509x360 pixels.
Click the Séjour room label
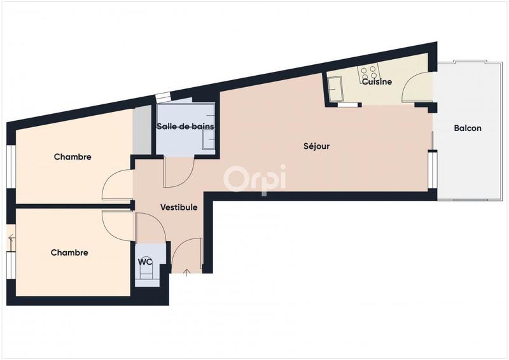pos(316,146)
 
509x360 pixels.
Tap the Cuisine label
pos(377,81)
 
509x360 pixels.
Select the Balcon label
pos(468,128)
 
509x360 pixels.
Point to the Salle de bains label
pos(185,126)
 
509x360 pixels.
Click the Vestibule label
pos(178,207)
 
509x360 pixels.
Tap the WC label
pos(145,261)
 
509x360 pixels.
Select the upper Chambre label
pos(73,156)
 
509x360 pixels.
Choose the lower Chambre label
pos(69,253)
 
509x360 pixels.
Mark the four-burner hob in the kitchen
pos(368,71)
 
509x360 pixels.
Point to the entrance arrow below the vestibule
pos(186,273)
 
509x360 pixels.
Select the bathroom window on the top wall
pos(163,97)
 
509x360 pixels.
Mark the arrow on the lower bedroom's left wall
pos(11,241)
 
